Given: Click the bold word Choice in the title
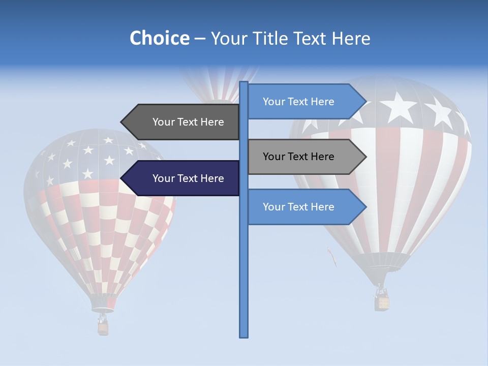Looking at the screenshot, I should [x=159, y=38].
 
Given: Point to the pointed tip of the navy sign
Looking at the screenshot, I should [x=122, y=178].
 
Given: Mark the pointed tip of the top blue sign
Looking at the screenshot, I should [x=365, y=102].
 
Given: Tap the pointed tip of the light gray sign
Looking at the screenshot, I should [x=365, y=157].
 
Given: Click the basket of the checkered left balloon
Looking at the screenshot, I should [x=103, y=328].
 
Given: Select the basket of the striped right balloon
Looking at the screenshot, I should [x=382, y=302].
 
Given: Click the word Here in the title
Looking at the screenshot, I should [x=351, y=38].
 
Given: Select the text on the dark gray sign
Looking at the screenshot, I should [x=188, y=122].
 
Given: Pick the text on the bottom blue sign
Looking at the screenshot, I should [x=298, y=207].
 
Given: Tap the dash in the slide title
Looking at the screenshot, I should [x=200, y=39].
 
